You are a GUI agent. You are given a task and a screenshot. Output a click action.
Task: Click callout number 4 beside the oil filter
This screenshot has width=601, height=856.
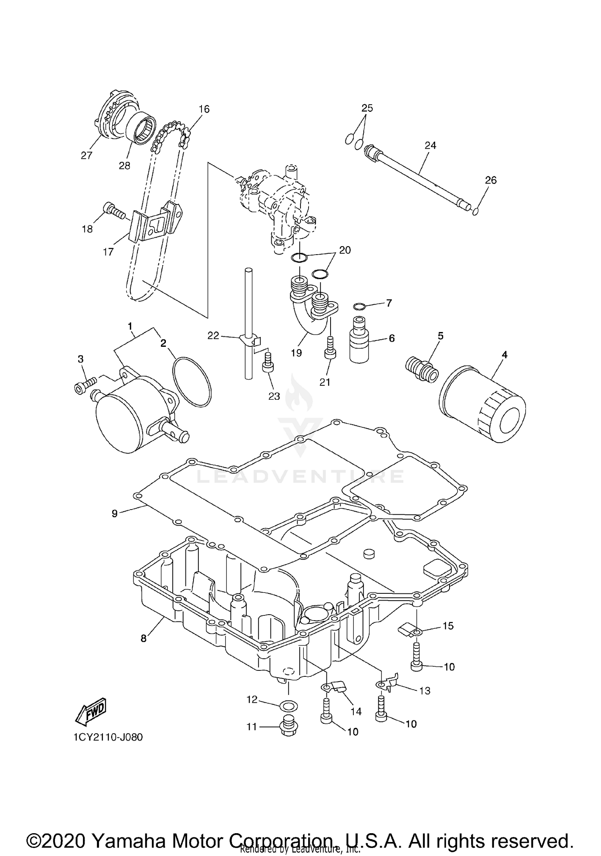tap(504, 354)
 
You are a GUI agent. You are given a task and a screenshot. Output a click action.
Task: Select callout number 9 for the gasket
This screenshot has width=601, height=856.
tap(115, 513)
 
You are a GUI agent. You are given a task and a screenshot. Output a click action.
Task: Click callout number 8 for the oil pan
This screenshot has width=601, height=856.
tap(144, 638)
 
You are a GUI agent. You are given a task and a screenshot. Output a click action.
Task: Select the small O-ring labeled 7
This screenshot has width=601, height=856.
tap(359, 307)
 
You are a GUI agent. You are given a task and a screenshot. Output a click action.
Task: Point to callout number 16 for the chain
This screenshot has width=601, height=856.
tap(204, 109)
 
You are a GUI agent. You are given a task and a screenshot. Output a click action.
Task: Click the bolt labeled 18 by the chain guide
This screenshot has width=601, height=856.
tap(114, 210)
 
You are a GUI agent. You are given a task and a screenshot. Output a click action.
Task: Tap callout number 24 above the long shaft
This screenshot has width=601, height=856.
tap(430, 146)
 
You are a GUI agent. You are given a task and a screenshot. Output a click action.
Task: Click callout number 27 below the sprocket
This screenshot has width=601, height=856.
tap(87, 156)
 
